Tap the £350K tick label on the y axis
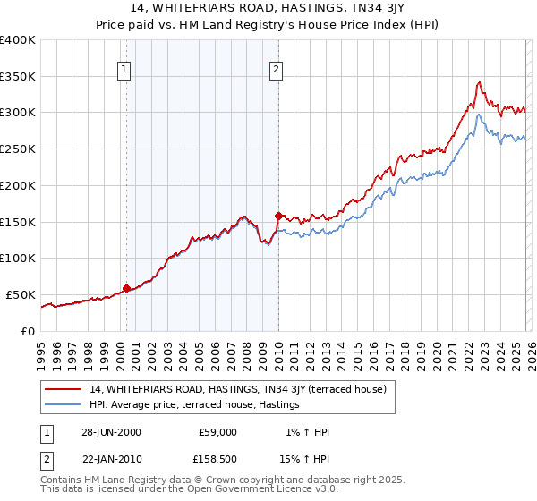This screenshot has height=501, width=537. (x=18, y=77)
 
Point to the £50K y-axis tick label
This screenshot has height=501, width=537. (x=21, y=294)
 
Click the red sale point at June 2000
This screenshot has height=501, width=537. (x=127, y=288)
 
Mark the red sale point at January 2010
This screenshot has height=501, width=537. (x=278, y=216)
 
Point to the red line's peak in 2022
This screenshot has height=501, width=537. (x=480, y=82)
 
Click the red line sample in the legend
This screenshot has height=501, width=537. (x=64, y=389)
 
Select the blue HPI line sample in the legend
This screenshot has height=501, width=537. (x=64, y=405)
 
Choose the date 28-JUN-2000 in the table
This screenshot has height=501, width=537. (x=109, y=432)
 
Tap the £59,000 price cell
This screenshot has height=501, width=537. (x=217, y=432)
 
